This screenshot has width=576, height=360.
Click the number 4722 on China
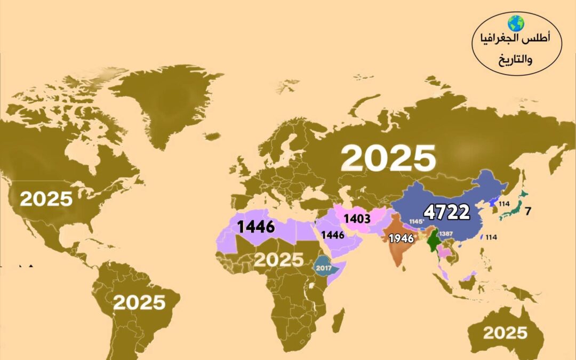[x=446, y=212]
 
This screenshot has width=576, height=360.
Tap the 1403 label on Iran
[x=357, y=219]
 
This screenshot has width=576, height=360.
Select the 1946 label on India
[x=402, y=238]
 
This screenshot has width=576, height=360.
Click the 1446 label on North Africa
[x=256, y=227]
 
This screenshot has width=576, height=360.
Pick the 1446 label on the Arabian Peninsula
[x=332, y=235]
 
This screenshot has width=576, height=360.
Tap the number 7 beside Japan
[x=527, y=211]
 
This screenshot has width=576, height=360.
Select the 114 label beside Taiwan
[x=491, y=237]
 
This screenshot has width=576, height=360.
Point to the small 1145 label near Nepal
[x=416, y=221]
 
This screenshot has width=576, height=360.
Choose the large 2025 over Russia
[x=388, y=158]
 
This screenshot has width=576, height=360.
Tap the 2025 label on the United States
[x=46, y=199]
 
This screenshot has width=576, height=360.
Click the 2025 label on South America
[x=139, y=302]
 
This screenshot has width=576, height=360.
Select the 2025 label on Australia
[x=505, y=333]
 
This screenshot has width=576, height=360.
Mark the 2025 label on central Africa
[x=278, y=260]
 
